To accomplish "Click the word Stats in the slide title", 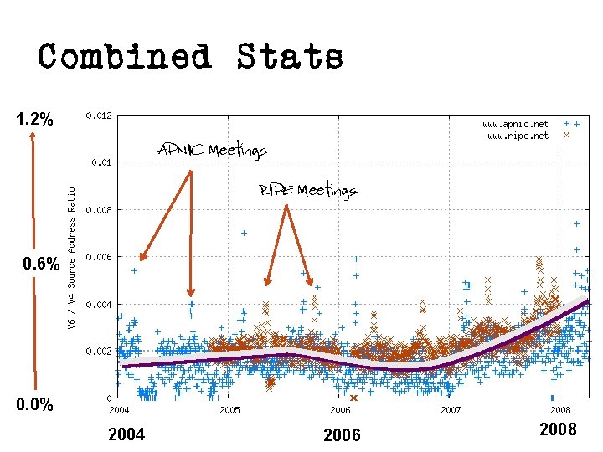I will click(x=290, y=58).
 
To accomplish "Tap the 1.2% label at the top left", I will click(x=35, y=120).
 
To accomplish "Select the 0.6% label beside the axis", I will click(x=41, y=265).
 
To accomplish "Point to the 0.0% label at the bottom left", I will click(x=35, y=405).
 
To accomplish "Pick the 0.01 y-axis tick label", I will click(x=102, y=162).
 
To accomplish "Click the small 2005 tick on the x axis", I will click(x=229, y=410).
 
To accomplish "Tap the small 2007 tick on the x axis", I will click(x=451, y=410).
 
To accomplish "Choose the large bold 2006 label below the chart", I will click(x=342, y=434).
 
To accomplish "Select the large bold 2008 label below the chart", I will click(x=558, y=429).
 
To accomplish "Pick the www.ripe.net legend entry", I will click(x=518, y=135).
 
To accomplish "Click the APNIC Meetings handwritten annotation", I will click(x=212, y=151).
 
